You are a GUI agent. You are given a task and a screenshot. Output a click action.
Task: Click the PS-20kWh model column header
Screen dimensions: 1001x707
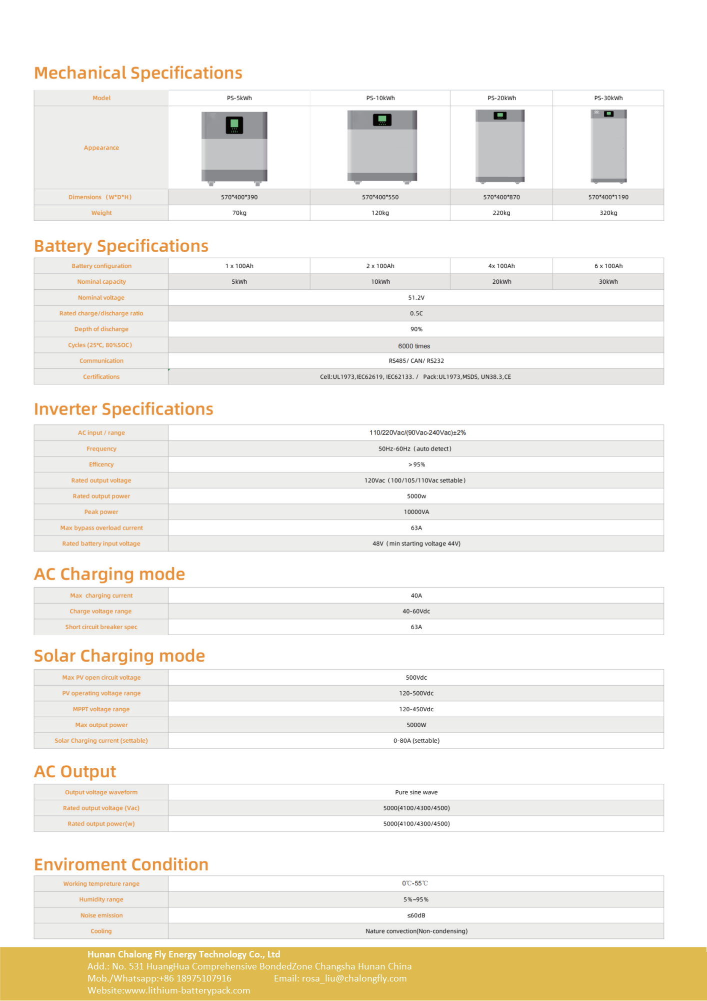(501, 98)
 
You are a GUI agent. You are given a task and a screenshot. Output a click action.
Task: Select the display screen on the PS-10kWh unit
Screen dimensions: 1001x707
(382, 120)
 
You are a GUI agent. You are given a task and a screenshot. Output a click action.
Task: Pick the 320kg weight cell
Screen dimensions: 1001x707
(608, 213)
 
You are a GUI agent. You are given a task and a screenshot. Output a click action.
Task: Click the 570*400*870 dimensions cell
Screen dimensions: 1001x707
(501, 197)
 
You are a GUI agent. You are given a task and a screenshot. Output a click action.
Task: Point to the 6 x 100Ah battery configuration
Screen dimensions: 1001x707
(608, 266)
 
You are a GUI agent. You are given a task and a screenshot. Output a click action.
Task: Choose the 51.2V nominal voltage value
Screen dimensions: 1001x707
(416, 298)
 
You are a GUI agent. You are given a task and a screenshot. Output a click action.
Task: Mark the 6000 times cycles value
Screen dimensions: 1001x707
(414, 346)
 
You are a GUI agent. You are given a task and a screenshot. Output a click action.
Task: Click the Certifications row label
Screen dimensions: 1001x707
(101, 377)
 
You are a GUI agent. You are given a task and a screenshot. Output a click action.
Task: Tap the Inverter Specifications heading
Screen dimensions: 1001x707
(123, 409)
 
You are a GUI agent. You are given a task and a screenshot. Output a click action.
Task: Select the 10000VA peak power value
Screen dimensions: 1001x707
(416, 512)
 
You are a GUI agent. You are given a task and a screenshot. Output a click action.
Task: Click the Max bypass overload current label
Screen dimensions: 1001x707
(101, 528)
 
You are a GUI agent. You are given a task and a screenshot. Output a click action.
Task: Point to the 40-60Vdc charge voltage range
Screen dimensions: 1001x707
(416, 611)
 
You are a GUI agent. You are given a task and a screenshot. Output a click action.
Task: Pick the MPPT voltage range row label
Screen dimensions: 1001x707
(101, 709)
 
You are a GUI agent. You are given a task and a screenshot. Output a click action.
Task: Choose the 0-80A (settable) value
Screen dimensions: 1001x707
(416, 741)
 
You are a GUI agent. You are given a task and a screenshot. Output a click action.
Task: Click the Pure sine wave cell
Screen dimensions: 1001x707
(416, 792)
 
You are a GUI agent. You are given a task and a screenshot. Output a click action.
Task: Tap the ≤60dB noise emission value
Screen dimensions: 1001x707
(416, 915)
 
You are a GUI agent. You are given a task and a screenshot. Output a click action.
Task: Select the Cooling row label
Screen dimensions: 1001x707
(101, 931)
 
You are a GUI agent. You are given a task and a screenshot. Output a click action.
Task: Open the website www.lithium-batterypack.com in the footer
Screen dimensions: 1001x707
(187, 990)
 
